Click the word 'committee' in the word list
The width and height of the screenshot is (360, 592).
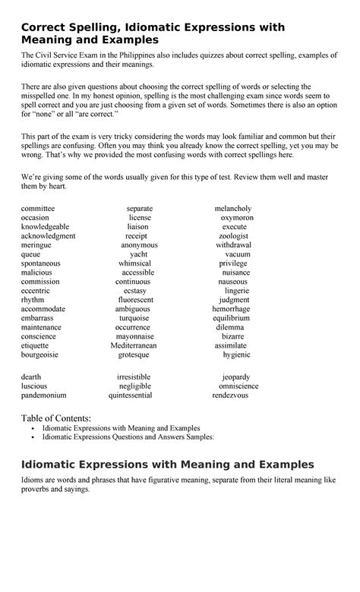[x=38, y=209]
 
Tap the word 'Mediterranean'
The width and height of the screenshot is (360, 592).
[x=134, y=345]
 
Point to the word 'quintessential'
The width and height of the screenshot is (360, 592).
[x=130, y=395]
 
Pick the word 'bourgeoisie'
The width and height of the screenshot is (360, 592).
[x=40, y=354]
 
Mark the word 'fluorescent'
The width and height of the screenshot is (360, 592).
[x=135, y=300]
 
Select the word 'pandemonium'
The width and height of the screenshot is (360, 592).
[x=44, y=395]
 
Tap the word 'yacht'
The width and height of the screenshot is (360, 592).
[x=139, y=254]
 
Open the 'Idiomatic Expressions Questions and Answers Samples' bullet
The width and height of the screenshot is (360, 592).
[x=128, y=437]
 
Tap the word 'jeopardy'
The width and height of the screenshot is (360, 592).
[x=236, y=377]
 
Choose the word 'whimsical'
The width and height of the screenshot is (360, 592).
[x=135, y=263]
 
